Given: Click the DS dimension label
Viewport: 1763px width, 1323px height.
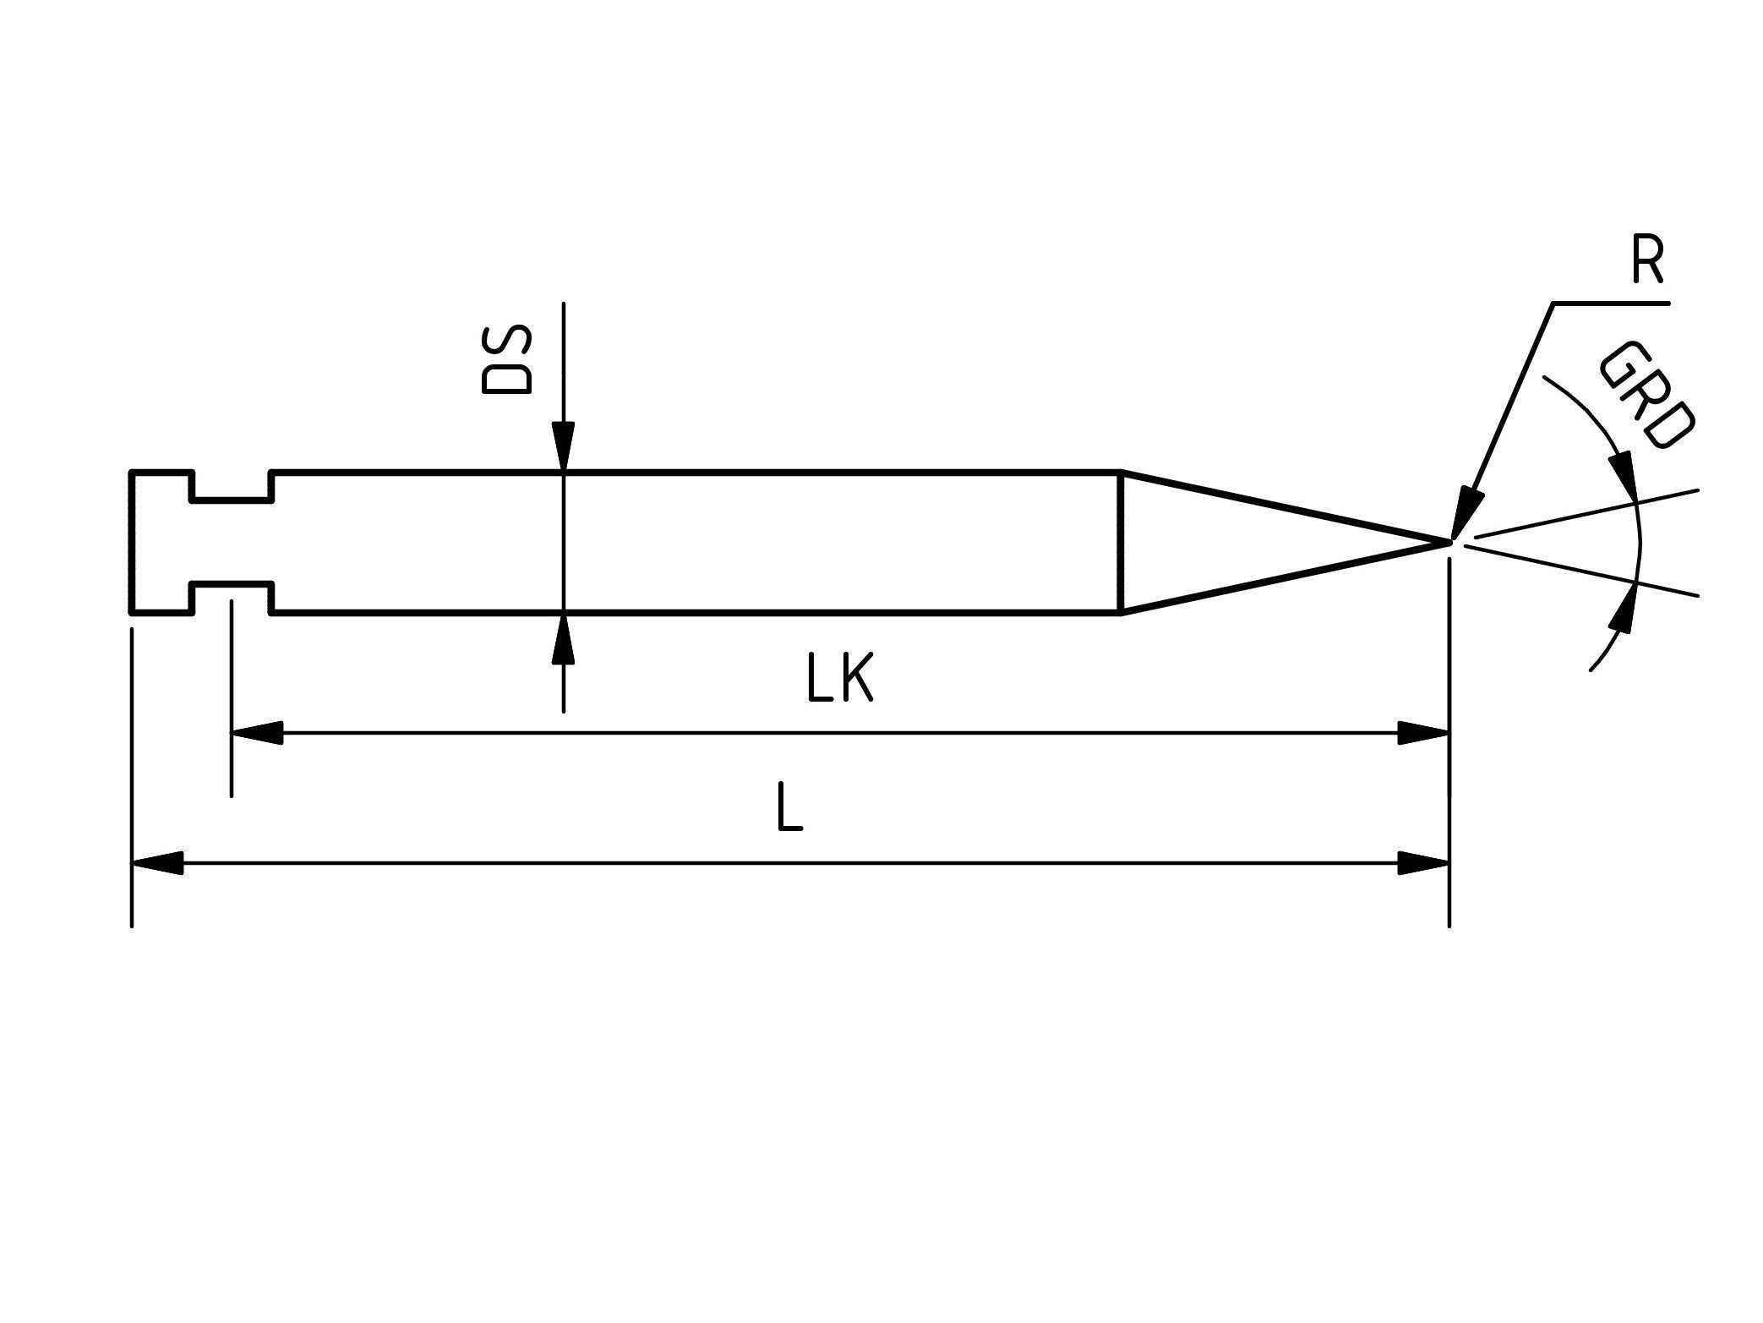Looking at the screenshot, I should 505,361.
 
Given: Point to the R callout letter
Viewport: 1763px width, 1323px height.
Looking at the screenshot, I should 1647,264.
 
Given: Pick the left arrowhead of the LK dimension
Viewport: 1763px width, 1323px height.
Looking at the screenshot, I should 257,733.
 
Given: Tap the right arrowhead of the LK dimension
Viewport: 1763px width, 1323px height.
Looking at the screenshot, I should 1425,733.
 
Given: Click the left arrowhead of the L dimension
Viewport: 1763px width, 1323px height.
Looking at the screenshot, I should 157,863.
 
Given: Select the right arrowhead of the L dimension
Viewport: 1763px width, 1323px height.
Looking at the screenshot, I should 1425,863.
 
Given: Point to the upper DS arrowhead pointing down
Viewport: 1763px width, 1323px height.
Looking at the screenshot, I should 564,445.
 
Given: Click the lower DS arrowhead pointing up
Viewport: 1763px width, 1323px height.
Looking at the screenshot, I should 564,639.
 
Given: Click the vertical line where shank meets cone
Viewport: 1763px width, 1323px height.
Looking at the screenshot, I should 1120,542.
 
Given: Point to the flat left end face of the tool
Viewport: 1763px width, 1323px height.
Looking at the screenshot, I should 131,542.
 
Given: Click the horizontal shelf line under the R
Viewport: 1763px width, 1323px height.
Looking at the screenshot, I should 1610,303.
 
